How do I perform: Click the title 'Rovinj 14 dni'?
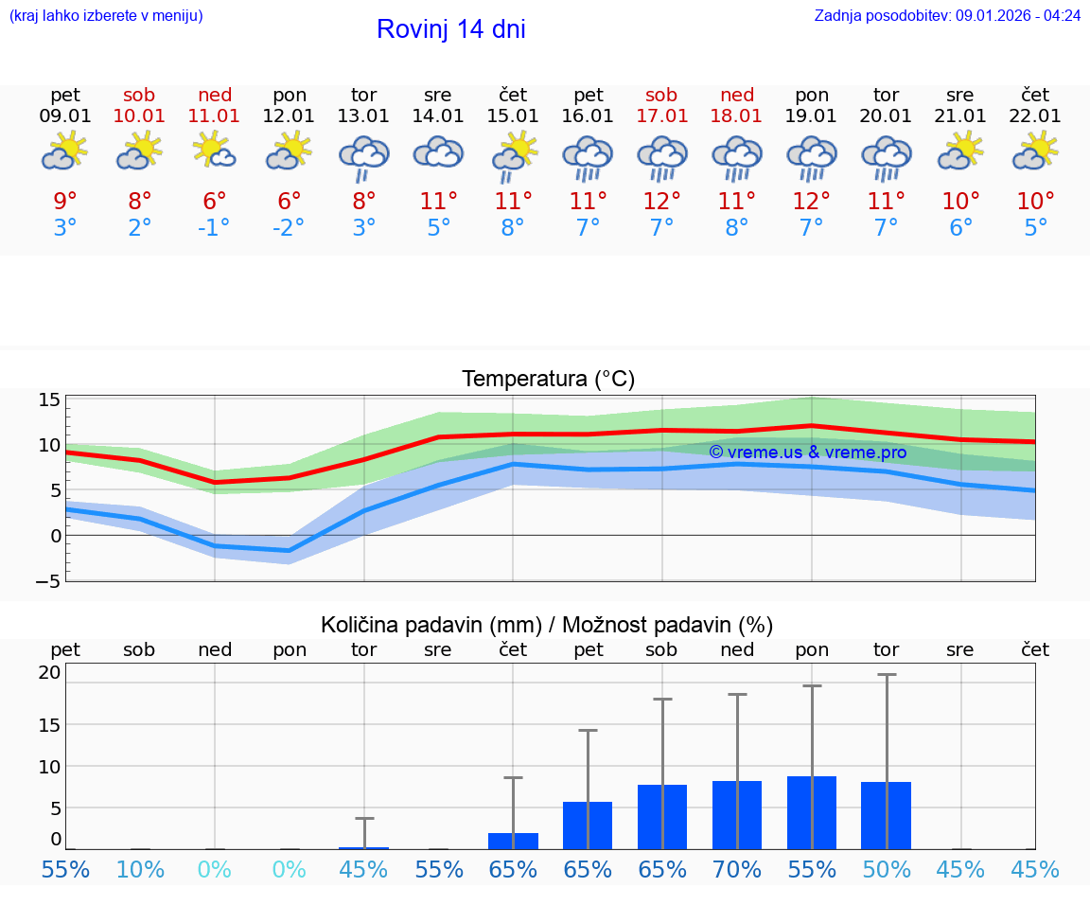click(450, 29)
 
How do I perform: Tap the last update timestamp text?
click(947, 16)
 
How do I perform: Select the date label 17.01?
click(661, 116)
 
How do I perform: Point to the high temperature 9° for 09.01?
click(65, 202)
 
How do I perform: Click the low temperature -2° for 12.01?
click(290, 228)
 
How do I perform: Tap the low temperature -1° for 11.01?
click(214, 228)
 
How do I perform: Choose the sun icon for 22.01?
click(1035, 151)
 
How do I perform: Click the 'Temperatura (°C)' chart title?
click(548, 380)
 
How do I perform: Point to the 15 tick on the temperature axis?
click(49, 399)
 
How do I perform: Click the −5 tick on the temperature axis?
click(49, 580)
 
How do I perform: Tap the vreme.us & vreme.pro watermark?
click(807, 453)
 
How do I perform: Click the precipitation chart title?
click(547, 625)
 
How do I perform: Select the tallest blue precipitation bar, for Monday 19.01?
click(812, 812)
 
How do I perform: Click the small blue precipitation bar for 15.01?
click(513, 841)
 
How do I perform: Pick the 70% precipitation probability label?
click(737, 870)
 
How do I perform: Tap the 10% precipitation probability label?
click(140, 870)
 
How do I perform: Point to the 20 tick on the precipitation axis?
click(49, 673)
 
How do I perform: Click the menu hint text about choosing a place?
click(106, 16)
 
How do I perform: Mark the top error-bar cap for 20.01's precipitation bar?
click(887, 675)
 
